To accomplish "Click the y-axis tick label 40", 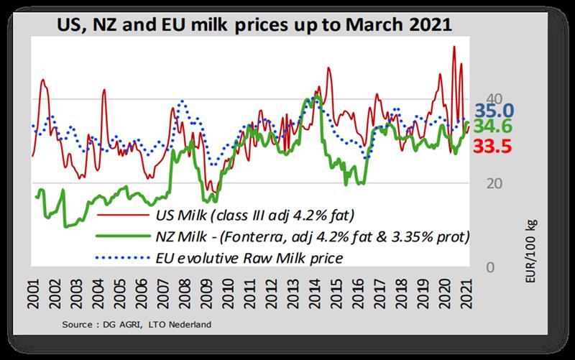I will point(474,98).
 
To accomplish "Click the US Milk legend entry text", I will point(255,215).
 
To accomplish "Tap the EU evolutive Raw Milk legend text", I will point(247,255).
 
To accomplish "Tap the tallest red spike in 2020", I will point(453,47).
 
